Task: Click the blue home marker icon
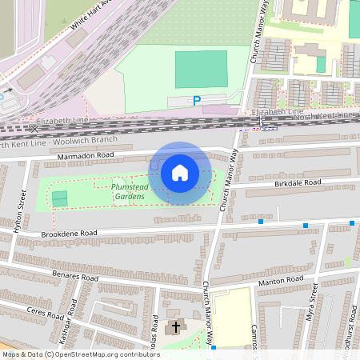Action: click(x=180, y=173)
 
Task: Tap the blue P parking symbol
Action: click(x=196, y=101)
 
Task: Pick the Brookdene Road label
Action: click(x=69, y=234)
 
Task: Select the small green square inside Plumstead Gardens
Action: click(x=60, y=197)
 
